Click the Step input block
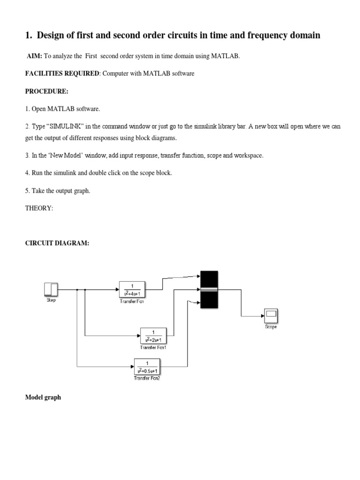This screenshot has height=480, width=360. [x=51, y=290]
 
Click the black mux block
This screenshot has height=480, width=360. [x=209, y=289]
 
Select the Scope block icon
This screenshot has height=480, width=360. [x=271, y=316]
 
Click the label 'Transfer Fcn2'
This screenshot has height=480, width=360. [x=147, y=378]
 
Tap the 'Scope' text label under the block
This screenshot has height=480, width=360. [x=271, y=327]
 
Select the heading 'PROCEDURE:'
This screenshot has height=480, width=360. [x=46, y=91]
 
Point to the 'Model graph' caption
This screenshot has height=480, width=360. [x=43, y=397]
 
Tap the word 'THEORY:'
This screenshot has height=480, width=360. [x=39, y=209]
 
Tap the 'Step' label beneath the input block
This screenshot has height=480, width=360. [x=51, y=300]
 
